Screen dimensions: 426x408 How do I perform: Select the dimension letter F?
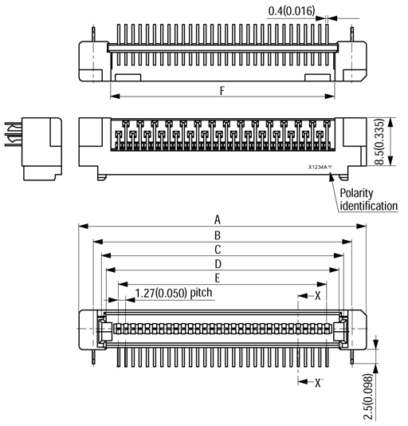pos(222,91)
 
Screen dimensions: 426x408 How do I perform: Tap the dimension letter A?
pos(218,220)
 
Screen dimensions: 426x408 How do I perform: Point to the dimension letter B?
pos(218,235)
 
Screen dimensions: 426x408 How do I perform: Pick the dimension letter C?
pos(218,250)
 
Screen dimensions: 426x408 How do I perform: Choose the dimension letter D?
pos(218,264)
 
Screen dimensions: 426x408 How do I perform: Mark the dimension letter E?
pos(218,278)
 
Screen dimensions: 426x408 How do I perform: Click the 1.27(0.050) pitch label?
pos(173,293)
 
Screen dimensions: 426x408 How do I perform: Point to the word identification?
pos(368,207)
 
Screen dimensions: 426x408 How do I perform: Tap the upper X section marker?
pos(318,295)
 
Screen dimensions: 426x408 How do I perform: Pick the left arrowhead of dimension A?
pos(81,227)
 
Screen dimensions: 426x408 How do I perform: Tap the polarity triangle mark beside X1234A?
pos(331,168)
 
